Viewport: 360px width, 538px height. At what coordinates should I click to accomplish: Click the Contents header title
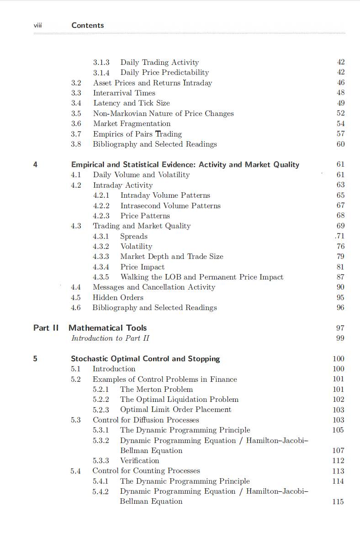(x=88, y=26)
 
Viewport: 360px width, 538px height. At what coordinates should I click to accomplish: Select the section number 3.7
(x=76, y=134)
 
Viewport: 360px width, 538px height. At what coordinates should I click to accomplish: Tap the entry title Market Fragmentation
(x=132, y=124)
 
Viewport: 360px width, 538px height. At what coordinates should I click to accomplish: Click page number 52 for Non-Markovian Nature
(x=340, y=113)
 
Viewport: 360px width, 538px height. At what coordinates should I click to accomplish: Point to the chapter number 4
(x=35, y=164)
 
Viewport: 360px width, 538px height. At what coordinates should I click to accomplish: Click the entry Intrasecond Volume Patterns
(x=170, y=206)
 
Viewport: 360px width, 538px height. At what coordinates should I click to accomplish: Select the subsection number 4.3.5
(x=101, y=277)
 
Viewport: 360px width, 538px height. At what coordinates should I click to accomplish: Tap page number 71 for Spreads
(x=340, y=236)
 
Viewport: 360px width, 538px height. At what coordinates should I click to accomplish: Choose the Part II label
(x=46, y=328)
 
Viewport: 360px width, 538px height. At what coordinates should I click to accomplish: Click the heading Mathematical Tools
(x=108, y=328)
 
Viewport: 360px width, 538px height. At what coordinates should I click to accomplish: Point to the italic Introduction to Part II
(x=110, y=338)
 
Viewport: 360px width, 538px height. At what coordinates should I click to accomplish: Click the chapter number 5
(x=35, y=359)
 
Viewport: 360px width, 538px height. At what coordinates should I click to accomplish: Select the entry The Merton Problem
(x=156, y=390)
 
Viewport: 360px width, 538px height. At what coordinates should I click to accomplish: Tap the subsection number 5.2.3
(x=101, y=410)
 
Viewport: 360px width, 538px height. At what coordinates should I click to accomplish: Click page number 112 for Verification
(x=338, y=461)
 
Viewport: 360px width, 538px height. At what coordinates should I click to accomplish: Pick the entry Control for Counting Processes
(x=146, y=471)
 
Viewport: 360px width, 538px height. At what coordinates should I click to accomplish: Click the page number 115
(x=338, y=501)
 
